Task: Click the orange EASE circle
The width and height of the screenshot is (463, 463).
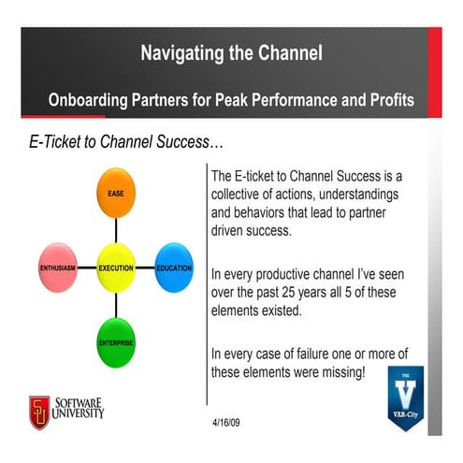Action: [x=116, y=193]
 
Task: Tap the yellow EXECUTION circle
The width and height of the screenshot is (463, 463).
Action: [x=116, y=268]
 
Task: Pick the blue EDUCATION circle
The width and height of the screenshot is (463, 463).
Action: [x=174, y=268]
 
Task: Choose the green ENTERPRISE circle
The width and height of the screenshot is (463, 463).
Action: [x=116, y=342]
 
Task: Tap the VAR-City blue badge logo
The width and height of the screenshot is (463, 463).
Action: [x=406, y=398]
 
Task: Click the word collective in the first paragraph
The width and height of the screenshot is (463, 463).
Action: [x=239, y=194]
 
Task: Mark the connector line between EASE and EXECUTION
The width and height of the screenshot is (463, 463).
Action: [x=116, y=229]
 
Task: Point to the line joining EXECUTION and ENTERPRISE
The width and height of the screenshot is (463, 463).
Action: [x=116, y=305]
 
